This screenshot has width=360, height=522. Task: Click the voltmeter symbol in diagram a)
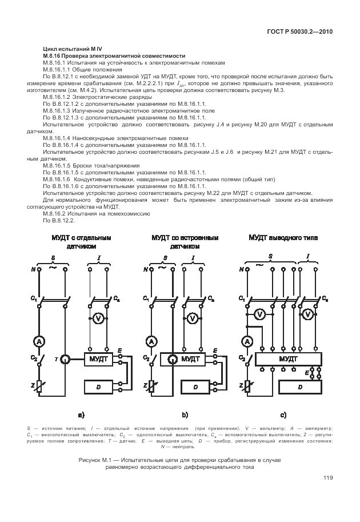98,318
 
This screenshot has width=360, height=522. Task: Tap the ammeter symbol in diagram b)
152,341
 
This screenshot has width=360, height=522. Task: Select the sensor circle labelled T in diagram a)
65,359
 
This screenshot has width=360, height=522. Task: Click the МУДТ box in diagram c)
289,360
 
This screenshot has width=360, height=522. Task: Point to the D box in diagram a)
98,386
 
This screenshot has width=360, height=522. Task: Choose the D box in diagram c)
301,387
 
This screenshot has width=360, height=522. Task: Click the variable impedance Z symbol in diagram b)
152,386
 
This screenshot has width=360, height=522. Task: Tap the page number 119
328,478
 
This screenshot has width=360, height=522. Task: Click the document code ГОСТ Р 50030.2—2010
300,32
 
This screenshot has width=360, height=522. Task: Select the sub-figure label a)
82,415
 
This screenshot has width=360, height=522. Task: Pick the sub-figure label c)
283,415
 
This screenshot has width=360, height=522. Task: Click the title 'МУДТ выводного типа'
283,238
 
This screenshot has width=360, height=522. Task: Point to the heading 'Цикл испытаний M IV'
73,49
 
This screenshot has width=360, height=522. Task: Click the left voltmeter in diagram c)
260,314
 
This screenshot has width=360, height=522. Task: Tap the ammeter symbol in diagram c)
247,341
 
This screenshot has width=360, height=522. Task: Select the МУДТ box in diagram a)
98,360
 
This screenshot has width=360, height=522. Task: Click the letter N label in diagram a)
33,269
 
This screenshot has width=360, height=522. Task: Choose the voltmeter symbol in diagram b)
192,318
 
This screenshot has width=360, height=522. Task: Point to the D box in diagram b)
195,387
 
